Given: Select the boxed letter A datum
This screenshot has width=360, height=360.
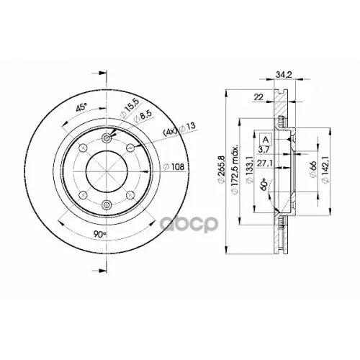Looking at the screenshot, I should (x=266, y=138).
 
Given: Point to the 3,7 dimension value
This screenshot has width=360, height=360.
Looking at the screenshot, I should (x=264, y=149).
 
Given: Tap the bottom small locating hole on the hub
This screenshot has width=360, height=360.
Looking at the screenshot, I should (x=107, y=206).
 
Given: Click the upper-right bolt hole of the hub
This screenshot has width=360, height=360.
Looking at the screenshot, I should (x=130, y=149).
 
